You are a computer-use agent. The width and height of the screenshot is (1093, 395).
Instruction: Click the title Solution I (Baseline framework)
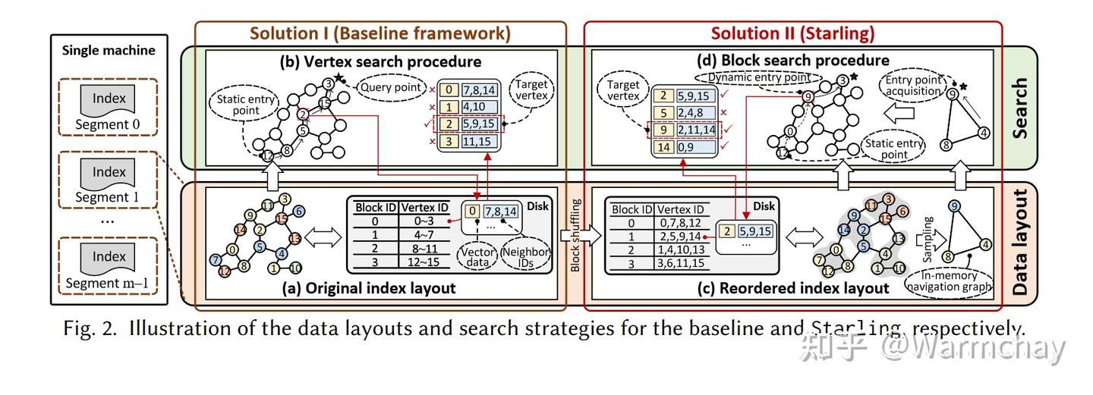(x=380, y=33)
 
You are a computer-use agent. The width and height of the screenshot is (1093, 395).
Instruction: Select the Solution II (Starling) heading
(x=792, y=33)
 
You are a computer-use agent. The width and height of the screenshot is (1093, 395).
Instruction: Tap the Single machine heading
(x=109, y=51)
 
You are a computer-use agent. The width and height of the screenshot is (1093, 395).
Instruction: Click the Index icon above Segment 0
(x=109, y=99)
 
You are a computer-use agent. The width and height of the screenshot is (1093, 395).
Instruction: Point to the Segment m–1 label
(x=109, y=284)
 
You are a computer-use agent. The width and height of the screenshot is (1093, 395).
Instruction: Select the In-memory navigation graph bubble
(x=948, y=281)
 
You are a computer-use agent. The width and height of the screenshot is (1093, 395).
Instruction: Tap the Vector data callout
(x=477, y=257)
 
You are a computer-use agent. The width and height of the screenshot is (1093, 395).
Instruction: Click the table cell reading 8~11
(x=423, y=246)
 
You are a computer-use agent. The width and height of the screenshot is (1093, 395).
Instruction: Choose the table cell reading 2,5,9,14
(x=681, y=237)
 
